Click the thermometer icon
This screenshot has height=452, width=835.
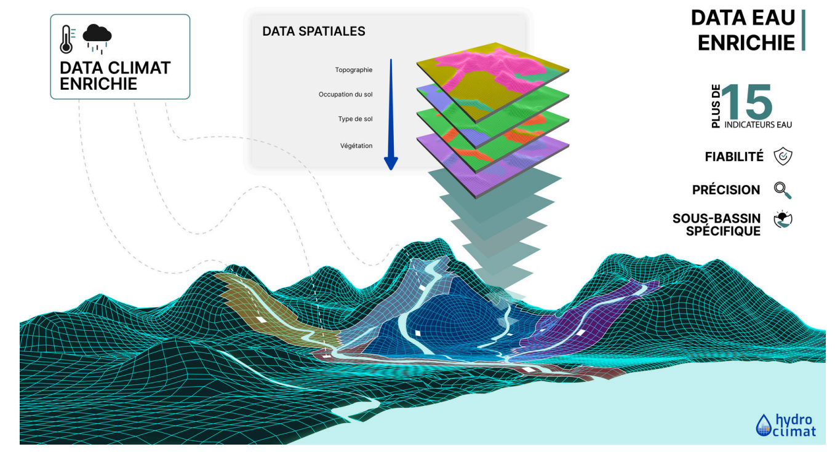pos(66,39)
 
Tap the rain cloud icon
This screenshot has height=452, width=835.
pos(97,38)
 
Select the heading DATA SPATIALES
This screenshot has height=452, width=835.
pos(313,31)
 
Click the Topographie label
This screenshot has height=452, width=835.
pos(353,69)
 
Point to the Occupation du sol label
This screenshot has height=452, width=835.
pos(345,94)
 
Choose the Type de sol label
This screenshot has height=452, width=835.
pos(355,119)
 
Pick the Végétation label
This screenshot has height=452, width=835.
pos(356,146)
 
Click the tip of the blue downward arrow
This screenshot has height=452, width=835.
pos(391,170)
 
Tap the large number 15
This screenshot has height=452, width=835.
pos(746,101)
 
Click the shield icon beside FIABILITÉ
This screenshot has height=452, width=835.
pos(783,156)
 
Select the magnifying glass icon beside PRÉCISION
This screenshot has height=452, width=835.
pos(783,190)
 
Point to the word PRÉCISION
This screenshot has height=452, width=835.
pos(726,189)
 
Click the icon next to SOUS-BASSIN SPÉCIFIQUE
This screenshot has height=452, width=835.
pos(783,220)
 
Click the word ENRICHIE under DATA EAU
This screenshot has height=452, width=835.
pos(746,43)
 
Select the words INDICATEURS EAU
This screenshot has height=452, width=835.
pos(758,125)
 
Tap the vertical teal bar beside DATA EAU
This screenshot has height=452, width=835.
pos(804,30)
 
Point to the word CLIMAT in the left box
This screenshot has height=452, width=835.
pos(138,68)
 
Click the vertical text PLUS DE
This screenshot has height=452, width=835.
pos(716,106)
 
